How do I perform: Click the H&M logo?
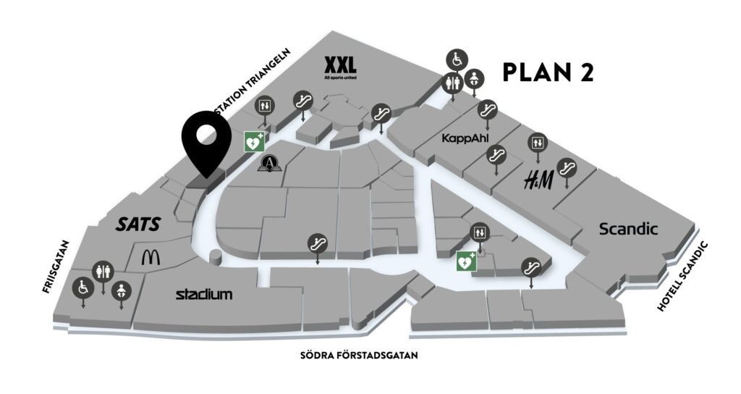(538, 180)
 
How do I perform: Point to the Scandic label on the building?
(628, 230)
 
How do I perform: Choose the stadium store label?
(205, 294)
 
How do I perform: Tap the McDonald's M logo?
(151, 256)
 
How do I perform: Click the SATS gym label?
(137, 225)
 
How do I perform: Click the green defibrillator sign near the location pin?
(254, 142)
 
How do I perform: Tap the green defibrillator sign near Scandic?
(466, 261)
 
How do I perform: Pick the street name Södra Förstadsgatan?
(360, 356)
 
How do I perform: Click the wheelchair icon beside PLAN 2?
(456, 58)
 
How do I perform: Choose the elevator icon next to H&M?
(537, 142)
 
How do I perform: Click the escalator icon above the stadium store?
(316, 243)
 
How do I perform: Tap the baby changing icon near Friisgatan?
(120, 289)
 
